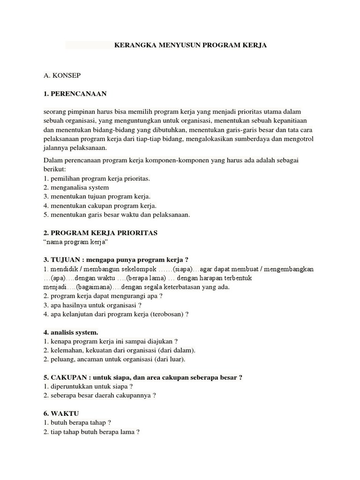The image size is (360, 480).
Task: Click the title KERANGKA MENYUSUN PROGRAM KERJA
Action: click(x=190, y=45)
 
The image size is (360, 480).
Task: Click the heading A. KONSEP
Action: click(x=62, y=74)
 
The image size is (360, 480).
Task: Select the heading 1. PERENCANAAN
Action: click(x=75, y=94)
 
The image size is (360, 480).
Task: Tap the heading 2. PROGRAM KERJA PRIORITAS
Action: click(x=100, y=233)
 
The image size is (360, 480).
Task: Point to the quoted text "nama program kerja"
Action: click(x=76, y=242)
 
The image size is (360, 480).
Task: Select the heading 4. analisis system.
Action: click(x=71, y=332)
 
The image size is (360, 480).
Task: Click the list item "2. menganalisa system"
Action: click(x=76, y=187)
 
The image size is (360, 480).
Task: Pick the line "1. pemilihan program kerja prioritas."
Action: click(x=97, y=179)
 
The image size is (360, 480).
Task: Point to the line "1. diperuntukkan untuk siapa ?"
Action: click(x=88, y=386)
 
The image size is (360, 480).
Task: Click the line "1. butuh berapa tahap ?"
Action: click(x=77, y=422)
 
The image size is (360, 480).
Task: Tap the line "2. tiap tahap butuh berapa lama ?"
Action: click(x=91, y=432)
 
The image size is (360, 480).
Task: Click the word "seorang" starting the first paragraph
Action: click(x=55, y=111)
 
